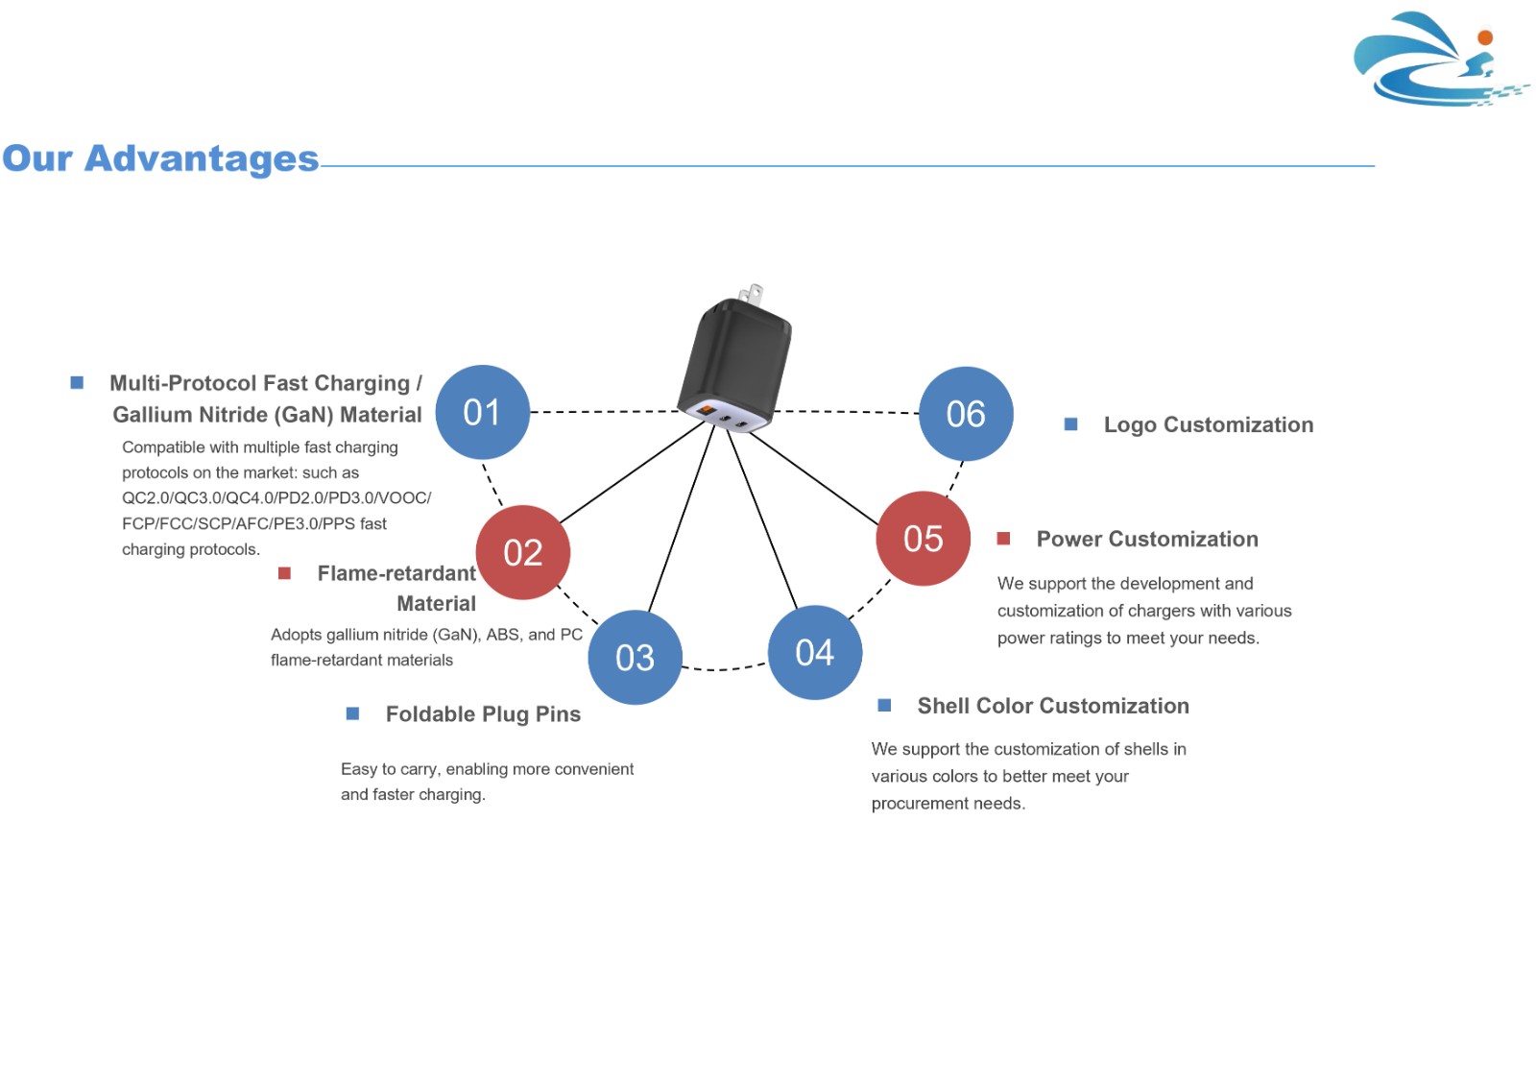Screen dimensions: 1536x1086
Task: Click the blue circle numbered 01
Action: [483, 412]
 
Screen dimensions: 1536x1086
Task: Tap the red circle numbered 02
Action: [522, 552]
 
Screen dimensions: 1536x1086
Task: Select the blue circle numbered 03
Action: [635, 657]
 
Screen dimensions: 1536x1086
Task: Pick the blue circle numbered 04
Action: [815, 652]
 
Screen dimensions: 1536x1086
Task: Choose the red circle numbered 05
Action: [923, 539]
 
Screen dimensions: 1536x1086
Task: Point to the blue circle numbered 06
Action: [966, 414]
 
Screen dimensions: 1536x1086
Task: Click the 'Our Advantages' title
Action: [160, 158]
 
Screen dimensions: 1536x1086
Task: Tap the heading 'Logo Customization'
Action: [1209, 424]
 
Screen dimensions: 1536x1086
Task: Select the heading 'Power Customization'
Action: [1147, 540]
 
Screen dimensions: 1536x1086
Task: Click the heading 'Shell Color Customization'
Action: [1053, 706]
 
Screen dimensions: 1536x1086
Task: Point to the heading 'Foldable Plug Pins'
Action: [483, 714]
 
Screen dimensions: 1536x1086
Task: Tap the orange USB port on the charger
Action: [706, 410]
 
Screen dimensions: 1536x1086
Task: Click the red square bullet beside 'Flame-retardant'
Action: [284, 573]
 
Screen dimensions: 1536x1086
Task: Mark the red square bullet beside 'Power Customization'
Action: [1003, 539]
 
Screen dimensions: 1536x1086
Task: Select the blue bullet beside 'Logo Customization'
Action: [1070, 424]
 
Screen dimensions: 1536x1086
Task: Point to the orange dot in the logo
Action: [1485, 37]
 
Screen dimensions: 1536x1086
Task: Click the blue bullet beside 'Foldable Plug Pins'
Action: [352, 713]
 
